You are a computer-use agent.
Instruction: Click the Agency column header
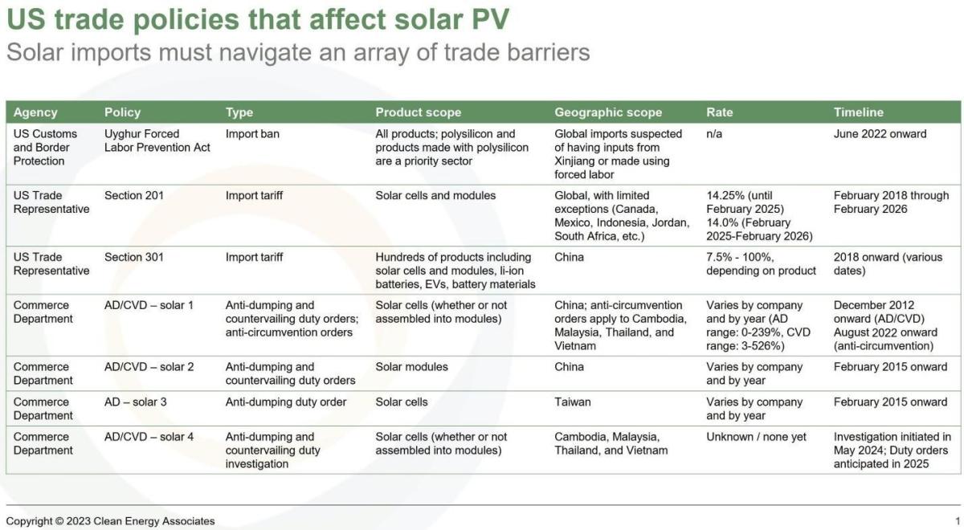(35, 112)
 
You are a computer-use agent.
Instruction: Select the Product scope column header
(418, 112)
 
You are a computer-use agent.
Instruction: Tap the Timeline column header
(858, 112)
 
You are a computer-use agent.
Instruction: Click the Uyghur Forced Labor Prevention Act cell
(157, 141)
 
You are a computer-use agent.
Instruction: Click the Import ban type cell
(252, 134)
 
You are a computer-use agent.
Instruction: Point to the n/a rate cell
(714, 134)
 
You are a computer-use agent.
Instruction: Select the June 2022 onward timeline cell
(880, 134)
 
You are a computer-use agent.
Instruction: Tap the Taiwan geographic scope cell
(573, 402)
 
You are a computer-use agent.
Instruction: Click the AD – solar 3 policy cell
(136, 402)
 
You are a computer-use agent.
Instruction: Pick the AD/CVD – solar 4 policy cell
(149, 437)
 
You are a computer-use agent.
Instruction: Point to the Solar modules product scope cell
(411, 367)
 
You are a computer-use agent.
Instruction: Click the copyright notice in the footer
(111, 521)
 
